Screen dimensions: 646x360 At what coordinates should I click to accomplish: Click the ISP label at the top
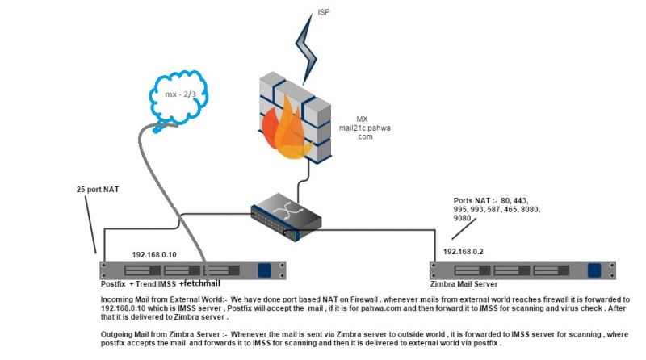pos(324,12)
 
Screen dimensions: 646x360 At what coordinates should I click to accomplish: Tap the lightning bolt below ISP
pos(307,49)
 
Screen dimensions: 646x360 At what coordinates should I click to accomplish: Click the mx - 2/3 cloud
pos(178,98)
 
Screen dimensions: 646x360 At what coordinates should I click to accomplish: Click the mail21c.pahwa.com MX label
pos(365,128)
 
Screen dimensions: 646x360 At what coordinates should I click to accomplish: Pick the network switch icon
pos(287,217)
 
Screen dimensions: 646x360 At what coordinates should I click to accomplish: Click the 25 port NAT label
pos(98,190)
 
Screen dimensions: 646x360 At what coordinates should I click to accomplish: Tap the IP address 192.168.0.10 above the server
pos(154,255)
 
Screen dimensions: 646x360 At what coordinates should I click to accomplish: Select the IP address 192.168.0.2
pos(463,252)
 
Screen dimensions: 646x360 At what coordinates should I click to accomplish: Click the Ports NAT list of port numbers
pos(497,209)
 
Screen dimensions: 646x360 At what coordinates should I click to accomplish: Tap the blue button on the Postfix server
pos(265,270)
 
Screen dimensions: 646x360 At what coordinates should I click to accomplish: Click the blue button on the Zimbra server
pos(594,270)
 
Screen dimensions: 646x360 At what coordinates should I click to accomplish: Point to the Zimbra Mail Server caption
pos(464,284)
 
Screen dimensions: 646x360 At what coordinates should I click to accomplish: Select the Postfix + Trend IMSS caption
pos(138,284)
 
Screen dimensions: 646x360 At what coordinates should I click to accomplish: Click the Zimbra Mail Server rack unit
pos(522,270)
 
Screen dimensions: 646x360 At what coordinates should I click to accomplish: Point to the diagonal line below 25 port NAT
pos(90,224)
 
